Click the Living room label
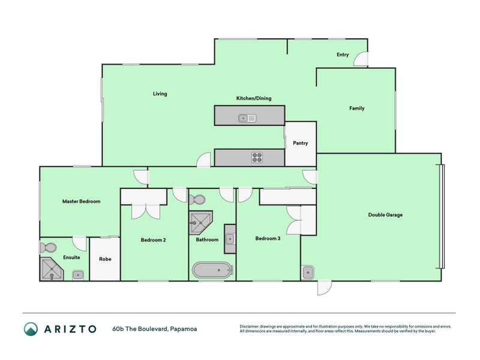point(160,94)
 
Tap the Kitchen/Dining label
point(253,98)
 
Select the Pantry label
point(300,143)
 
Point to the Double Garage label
point(385,215)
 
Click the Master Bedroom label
point(82,202)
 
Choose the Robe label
point(105,259)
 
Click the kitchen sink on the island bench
point(247,118)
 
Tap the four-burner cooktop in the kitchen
point(257,158)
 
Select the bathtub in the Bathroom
point(211,270)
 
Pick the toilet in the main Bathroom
point(199,199)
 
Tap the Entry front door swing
point(361,59)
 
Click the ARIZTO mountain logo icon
point(31,328)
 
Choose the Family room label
point(357,109)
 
